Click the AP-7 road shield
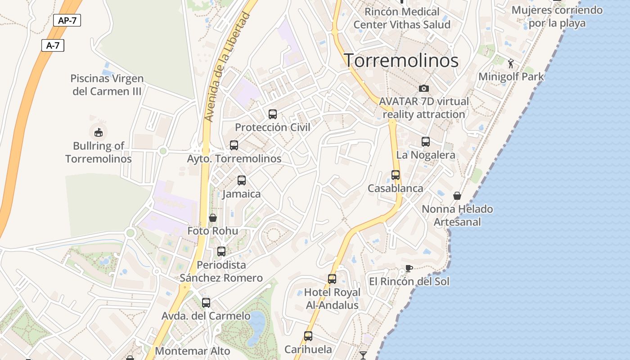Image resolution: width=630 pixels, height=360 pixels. [67, 20]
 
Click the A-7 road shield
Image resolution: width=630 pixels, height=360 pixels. [53, 45]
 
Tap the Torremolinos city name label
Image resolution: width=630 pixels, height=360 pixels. [401, 60]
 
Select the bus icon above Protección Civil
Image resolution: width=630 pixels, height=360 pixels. [273, 114]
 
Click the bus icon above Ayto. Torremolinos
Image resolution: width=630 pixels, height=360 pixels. [234, 145]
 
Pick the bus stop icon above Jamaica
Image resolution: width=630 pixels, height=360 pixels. [242, 180]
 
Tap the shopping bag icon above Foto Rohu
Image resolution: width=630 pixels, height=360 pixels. [213, 218]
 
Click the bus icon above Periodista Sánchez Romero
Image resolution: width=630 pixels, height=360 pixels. [221, 252]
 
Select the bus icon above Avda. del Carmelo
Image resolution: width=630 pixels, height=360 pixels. [206, 303]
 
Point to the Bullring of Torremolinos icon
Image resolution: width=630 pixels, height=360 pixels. [99, 132]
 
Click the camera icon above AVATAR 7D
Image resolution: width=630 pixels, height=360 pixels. [423, 88]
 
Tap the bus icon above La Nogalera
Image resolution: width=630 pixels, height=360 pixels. [426, 142]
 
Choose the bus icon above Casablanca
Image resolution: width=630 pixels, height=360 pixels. [396, 175]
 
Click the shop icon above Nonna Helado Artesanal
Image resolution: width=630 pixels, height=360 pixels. [457, 196]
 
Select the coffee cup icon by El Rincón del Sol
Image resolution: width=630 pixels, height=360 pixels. [409, 269]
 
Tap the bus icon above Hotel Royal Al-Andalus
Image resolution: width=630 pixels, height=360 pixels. [332, 279]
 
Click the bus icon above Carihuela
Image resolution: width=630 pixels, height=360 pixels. [308, 336]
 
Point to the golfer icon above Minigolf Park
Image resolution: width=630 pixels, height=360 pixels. [510, 63]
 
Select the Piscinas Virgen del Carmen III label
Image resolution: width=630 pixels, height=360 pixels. [107, 85]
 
